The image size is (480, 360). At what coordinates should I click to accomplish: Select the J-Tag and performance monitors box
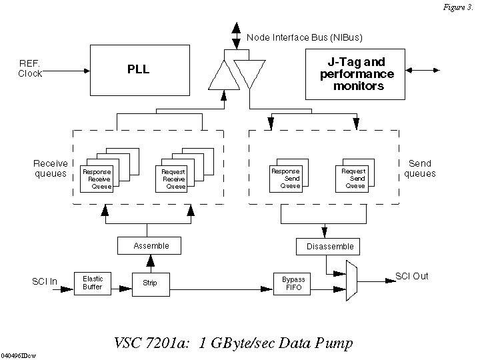click(x=356, y=73)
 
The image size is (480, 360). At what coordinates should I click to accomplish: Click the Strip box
click(x=149, y=284)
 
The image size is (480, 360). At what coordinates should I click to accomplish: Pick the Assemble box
click(x=151, y=245)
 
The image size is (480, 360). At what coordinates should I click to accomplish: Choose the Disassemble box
click(x=330, y=246)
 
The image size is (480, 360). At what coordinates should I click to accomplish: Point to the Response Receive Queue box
click(x=97, y=179)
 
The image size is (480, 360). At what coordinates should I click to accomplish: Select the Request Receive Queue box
click(x=173, y=179)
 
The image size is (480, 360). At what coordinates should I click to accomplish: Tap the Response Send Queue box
click(x=285, y=178)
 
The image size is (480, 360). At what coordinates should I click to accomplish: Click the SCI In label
click(x=44, y=282)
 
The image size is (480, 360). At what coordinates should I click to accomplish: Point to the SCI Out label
click(x=411, y=276)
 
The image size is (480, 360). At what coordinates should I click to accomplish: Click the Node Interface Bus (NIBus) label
click(x=304, y=37)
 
